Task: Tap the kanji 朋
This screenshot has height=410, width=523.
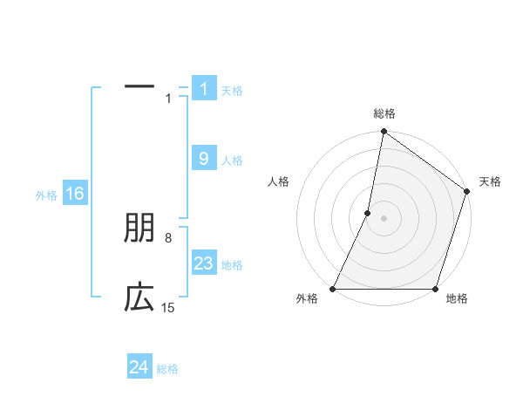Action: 139,229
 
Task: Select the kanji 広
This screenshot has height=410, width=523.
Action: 139,298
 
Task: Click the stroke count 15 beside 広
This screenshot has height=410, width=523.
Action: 167,307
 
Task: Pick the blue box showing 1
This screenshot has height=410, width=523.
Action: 203,89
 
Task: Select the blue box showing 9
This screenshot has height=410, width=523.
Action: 203,159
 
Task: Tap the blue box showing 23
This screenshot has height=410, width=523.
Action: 203,263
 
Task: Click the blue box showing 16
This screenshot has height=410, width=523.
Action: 74,194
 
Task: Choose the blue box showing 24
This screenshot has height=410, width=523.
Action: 139,367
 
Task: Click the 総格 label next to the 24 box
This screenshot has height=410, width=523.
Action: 167,369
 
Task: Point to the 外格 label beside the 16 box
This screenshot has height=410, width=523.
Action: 46,195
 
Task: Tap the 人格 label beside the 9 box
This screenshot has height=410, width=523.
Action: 232,161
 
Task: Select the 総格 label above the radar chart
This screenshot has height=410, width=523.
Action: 384,113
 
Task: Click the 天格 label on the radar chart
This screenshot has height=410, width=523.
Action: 490,181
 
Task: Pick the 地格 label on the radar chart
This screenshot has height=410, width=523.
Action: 457,299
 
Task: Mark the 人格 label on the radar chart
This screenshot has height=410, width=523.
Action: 279,181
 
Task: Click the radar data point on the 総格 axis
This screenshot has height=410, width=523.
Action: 384,132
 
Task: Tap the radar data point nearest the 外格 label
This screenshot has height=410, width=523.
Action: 333,289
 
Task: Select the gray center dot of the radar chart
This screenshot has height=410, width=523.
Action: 384,218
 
